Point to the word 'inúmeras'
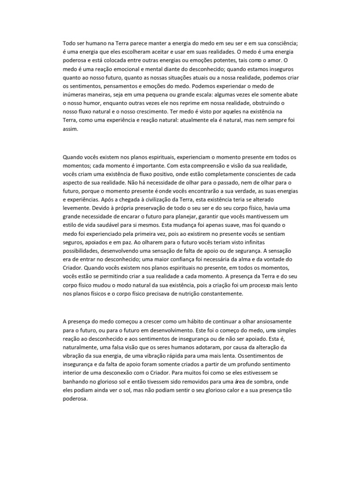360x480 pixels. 75,95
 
